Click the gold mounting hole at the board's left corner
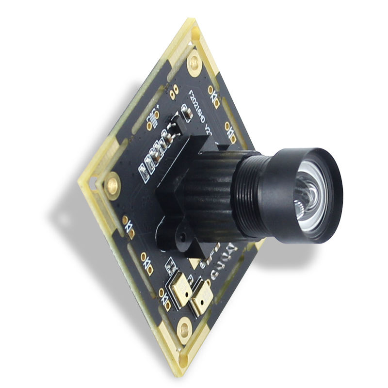[x=113, y=184]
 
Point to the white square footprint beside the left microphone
[x=170, y=266]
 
